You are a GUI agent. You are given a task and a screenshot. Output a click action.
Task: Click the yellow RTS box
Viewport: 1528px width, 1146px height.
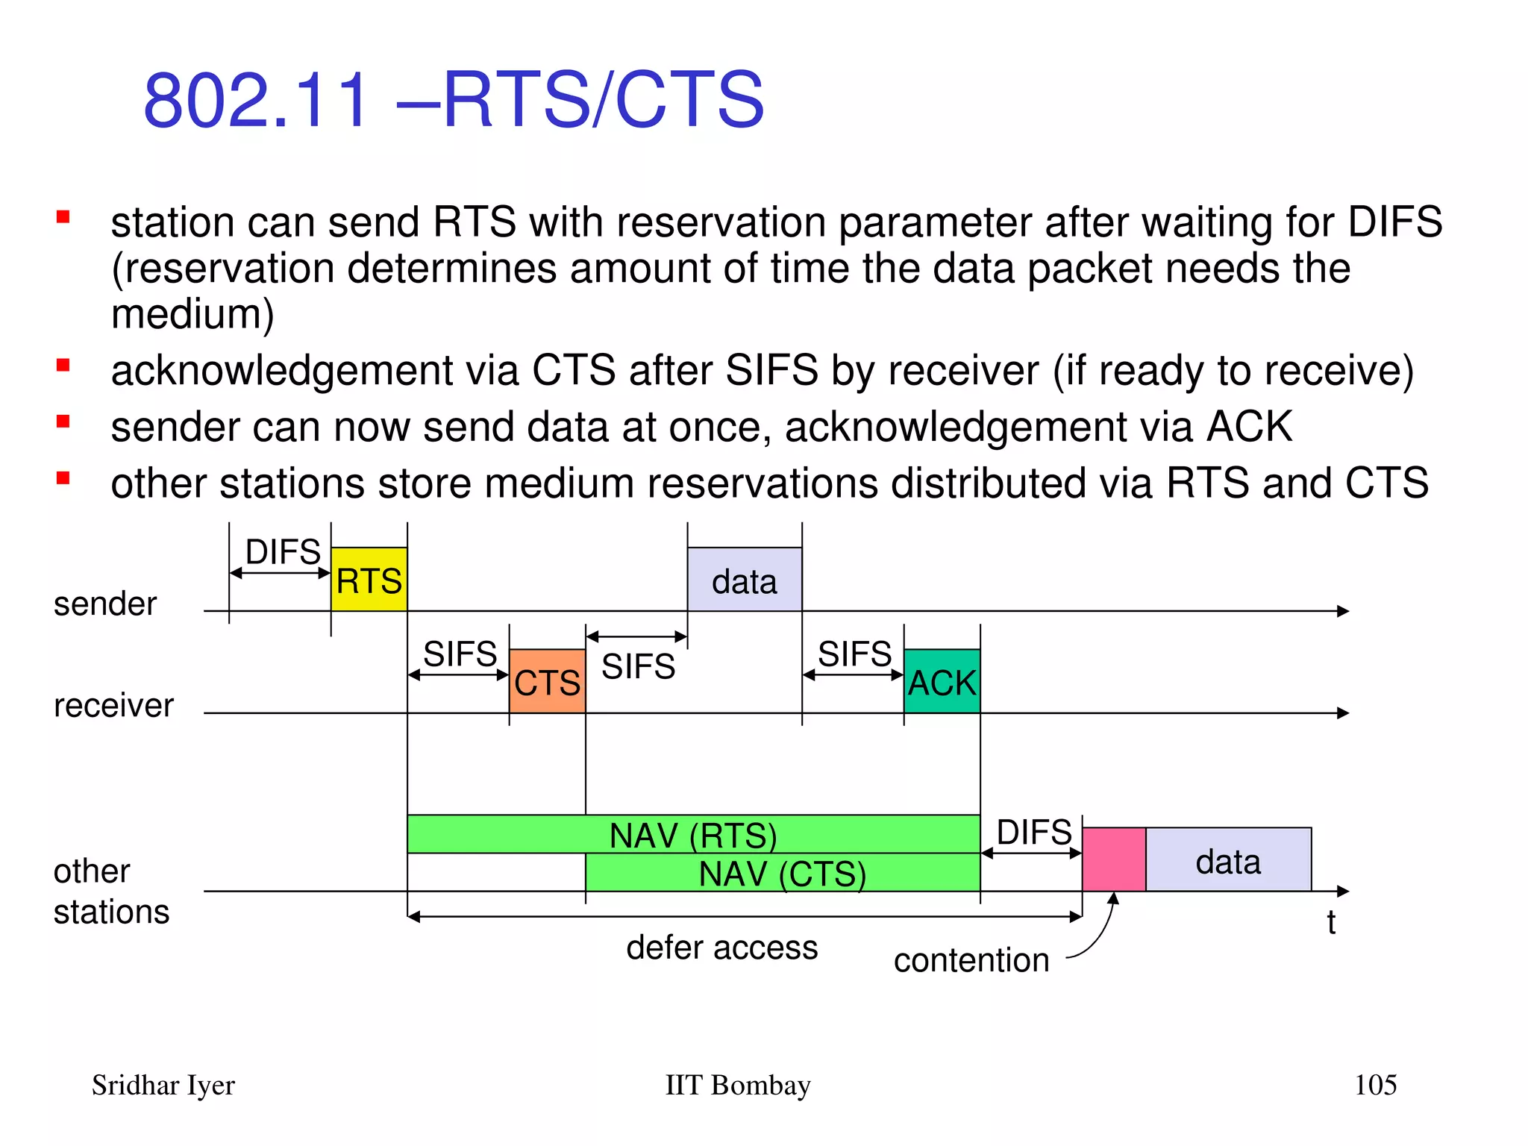point(369,580)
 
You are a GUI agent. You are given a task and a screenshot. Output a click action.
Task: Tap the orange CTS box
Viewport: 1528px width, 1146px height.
point(547,681)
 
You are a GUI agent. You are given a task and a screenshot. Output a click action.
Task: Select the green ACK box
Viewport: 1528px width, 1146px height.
point(942,681)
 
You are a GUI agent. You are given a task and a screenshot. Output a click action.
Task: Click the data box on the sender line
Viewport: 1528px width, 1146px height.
point(744,580)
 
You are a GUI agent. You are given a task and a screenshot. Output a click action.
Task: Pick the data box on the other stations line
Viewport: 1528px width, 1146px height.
point(1228,859)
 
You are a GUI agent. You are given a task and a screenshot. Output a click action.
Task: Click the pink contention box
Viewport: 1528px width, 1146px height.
point(1113,859)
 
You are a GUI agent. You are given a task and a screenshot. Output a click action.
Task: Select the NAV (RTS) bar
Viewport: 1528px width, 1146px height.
point(692,835)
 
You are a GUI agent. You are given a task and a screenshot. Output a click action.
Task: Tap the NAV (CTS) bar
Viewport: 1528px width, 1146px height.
point(782,873)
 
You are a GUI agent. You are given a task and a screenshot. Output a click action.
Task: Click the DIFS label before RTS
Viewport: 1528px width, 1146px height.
point(283,552)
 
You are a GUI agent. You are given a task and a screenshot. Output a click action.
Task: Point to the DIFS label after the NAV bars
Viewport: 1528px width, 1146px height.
point(1034,832)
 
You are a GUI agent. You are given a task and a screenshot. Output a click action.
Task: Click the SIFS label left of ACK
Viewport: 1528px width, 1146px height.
point(854,654)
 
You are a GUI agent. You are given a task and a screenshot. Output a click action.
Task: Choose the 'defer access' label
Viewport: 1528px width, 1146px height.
point(721,948)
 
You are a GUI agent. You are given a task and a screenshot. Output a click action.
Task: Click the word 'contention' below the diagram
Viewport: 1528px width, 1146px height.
point(971,960)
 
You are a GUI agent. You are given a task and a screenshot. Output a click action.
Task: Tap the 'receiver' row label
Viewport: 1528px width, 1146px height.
point(113,705)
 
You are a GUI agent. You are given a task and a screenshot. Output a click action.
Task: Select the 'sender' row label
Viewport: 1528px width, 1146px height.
point(105,604)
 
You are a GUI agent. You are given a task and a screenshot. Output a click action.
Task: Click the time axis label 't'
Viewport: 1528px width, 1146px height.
point(1331,923)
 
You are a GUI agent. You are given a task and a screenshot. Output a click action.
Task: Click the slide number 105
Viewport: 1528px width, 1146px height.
point(1375,1085)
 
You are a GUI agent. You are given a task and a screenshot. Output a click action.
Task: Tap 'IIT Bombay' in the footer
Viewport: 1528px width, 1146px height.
point(737,1085)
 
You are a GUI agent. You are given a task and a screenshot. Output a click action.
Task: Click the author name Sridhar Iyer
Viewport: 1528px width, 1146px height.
point(163,1085)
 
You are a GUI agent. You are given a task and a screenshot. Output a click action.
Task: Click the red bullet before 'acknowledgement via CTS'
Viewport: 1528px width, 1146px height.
point(63,366)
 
